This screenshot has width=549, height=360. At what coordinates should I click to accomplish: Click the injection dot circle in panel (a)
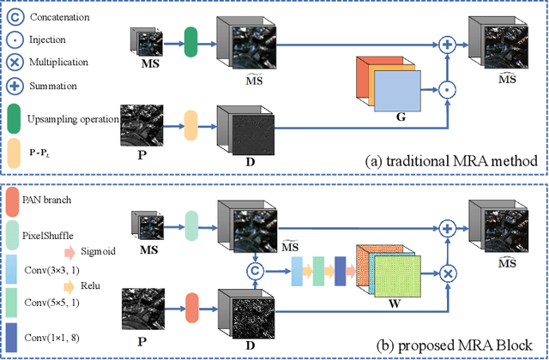coord(447,87)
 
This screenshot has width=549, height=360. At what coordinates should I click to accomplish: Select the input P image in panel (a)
coord(142,128)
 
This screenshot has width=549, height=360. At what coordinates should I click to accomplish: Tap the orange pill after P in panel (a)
coord(191,128)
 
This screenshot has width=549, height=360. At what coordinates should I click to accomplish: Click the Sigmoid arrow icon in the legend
coord(71,251)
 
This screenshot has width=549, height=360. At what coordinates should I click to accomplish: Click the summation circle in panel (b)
coord(447,227)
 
